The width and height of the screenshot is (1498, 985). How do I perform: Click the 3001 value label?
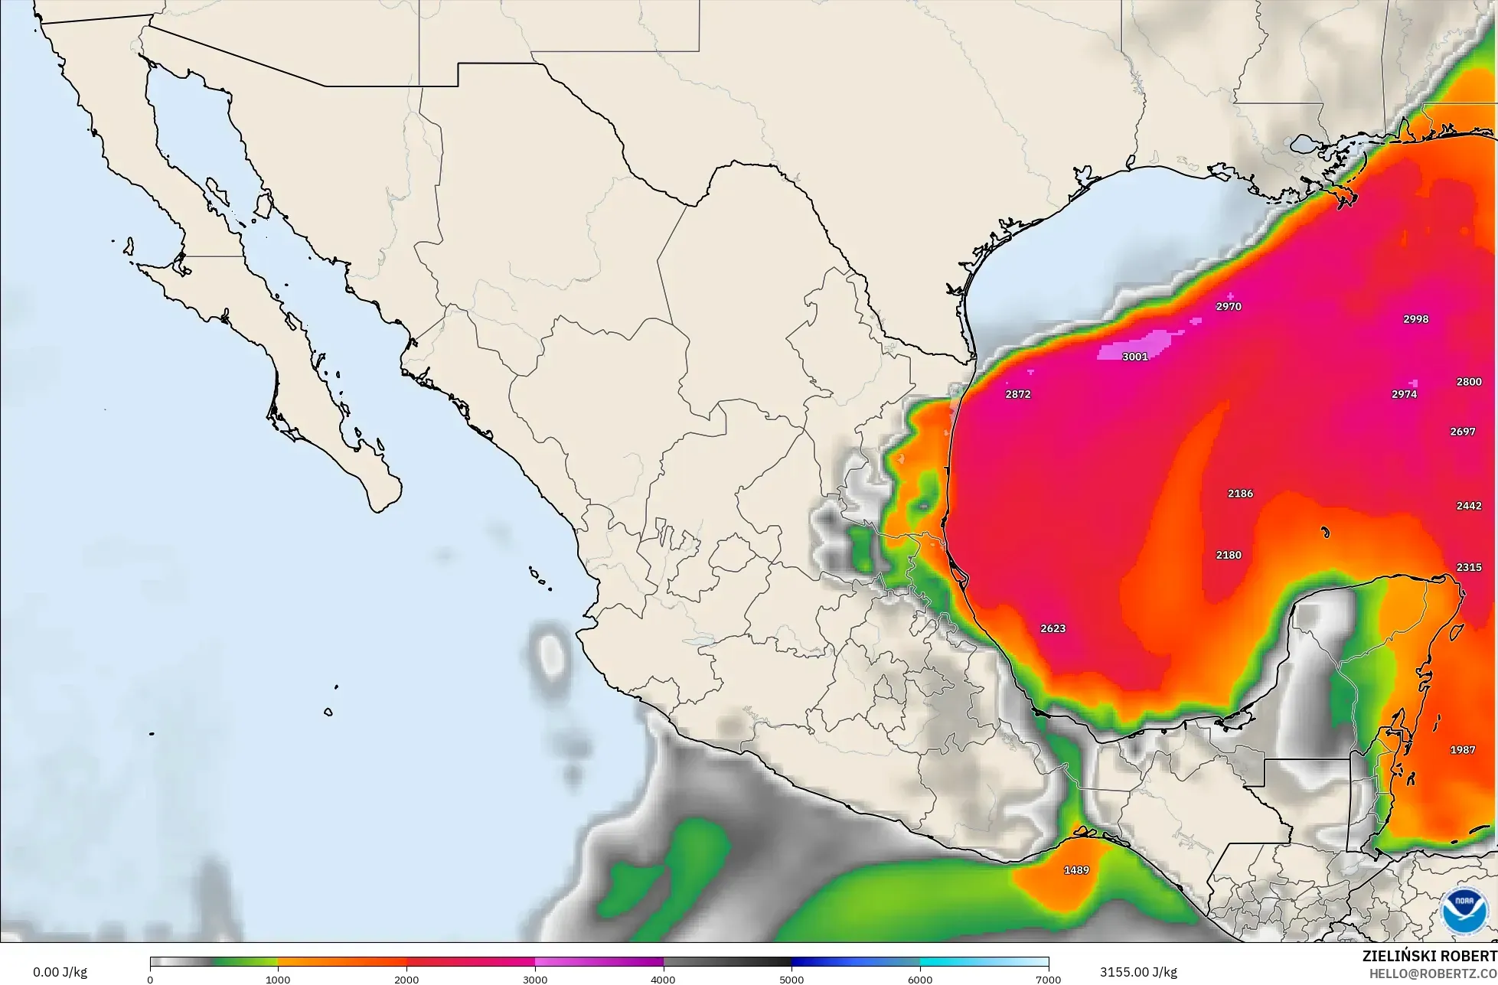coord(1134,357)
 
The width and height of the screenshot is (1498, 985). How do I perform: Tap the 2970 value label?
coord(1228,307)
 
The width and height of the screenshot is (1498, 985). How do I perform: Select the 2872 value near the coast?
coord(1017,395)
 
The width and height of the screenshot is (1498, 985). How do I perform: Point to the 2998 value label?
coord(1415,319)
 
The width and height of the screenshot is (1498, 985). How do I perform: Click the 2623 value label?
coord(1053,628)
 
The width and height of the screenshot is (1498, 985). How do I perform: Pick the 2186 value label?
coord(1240,494)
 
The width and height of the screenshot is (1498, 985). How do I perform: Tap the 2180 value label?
coord(1229,555)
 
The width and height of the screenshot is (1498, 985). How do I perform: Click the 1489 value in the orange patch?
coord(1076,870)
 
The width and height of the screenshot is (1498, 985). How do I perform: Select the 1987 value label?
coord(1462,750)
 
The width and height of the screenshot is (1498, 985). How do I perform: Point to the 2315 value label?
coord(1468,567)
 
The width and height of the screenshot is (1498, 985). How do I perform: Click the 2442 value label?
coord(1468,506)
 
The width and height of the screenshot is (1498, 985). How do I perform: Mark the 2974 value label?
coord(1404,395)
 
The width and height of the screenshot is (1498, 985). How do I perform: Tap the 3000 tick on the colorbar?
coord(535,979)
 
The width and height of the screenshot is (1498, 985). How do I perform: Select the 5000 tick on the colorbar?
coord(791,979)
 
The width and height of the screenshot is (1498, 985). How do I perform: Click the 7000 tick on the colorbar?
coord(1048,979)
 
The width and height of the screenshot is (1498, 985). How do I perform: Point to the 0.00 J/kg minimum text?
coord(60,973)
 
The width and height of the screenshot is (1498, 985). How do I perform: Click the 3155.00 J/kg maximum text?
coord(1138,973)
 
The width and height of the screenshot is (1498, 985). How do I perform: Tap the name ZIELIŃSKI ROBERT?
coord(1429,957)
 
